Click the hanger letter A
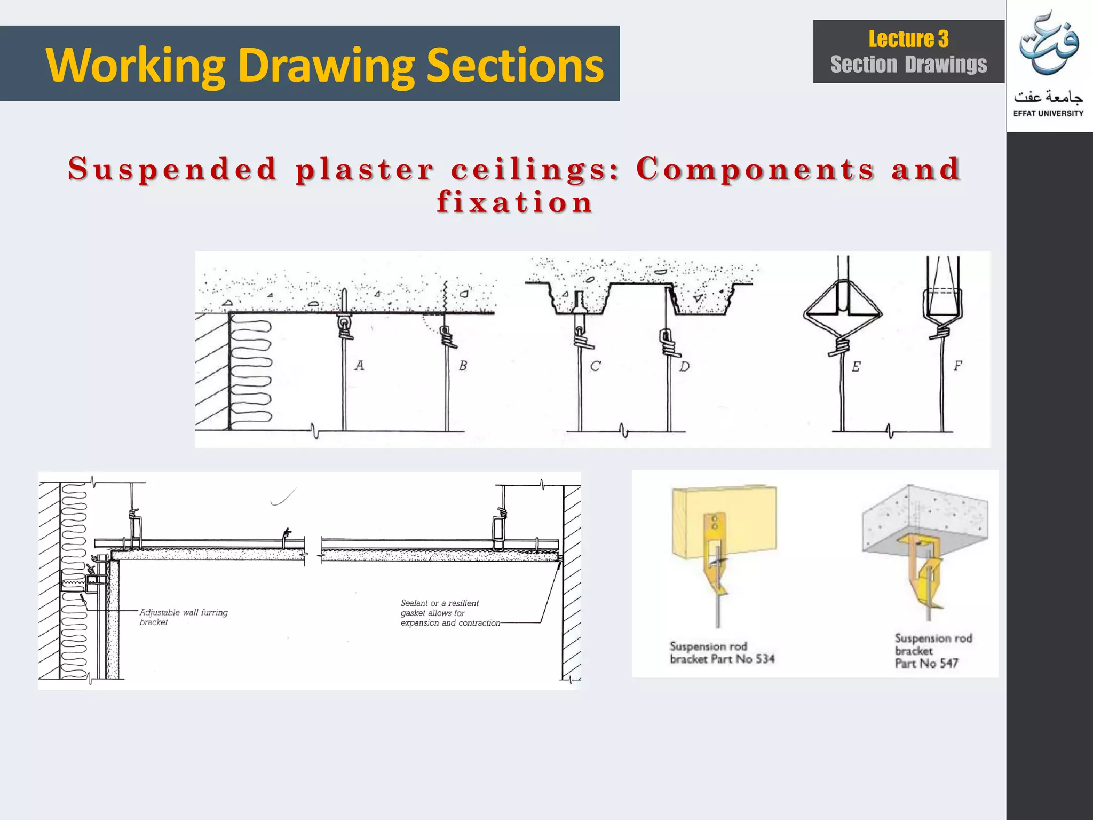359,366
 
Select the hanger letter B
463,366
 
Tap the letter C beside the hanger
595,366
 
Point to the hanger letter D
684,366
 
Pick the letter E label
856,367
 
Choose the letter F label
957,366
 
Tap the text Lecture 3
908,39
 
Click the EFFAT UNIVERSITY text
1048,113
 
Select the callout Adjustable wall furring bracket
183,617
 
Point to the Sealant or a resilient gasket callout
449,613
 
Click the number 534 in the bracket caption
765,659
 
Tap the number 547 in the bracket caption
949,664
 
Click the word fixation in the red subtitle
514,202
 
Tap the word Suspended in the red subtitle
172,169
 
